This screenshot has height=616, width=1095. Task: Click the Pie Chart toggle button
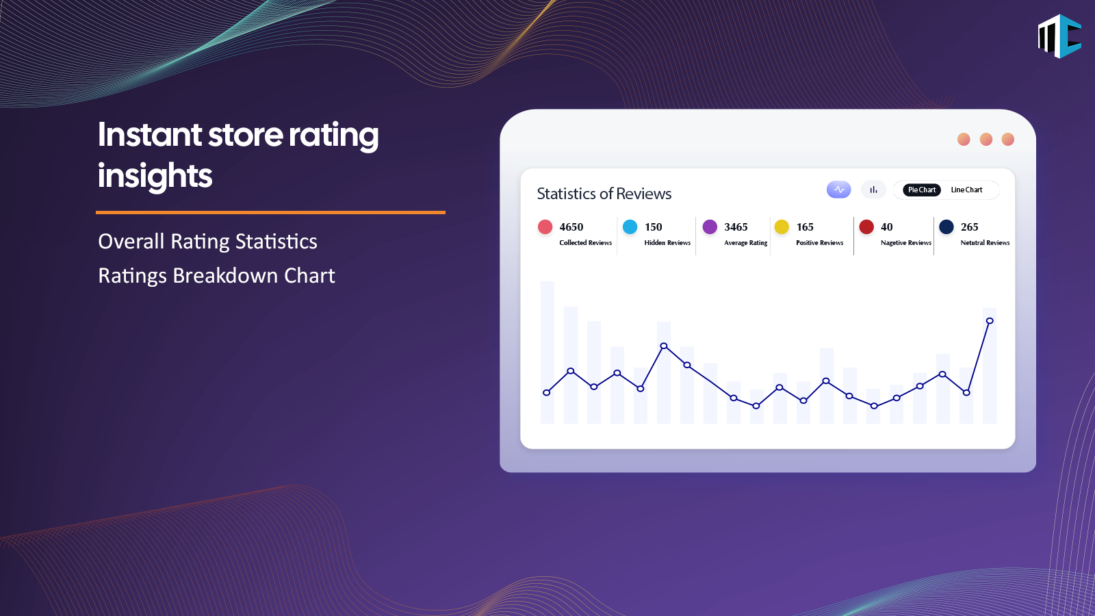pos(921,190)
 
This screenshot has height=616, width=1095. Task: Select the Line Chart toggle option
pos(966,190)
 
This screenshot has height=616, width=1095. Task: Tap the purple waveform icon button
pos(839,190)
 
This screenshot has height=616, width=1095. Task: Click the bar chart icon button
pos(873,190)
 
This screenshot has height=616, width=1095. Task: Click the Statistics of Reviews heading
pos(604,194)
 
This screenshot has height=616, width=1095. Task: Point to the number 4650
pos(571,227)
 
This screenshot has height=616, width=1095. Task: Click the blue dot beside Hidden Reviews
pos(630,227)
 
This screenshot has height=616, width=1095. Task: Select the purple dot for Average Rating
pos(710,227)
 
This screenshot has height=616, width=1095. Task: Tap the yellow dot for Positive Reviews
pos(782,227)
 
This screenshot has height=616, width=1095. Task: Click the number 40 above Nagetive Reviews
pos(887,227)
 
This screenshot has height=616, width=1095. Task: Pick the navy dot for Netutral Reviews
pos(946,227)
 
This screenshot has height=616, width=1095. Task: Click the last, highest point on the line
pos(990,321)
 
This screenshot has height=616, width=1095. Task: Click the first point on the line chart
pos(547,393)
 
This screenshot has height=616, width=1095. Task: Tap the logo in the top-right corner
pos(1059,36)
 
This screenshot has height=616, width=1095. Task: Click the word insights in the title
pos(155,175)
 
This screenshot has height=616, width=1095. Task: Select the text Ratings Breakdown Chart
pos(216,276)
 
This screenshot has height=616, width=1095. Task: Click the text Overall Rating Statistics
pos(208,242)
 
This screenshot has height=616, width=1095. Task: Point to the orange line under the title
pos(270,213)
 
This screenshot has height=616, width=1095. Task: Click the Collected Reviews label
pos(586,242)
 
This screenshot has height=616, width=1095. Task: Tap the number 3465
pos(736,227)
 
